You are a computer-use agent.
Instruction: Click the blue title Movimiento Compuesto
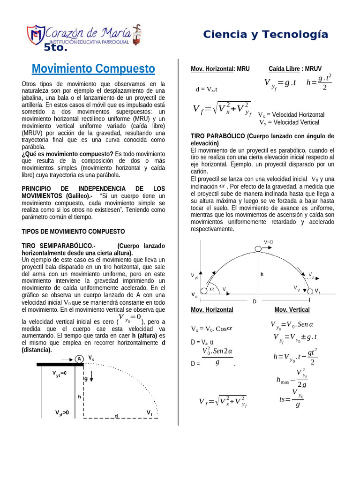click(x=93, y=69)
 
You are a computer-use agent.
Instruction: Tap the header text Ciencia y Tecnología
click(x=265, y=34)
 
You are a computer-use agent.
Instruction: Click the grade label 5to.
click(x=56, y=47)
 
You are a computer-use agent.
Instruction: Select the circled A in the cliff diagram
click(x=79, y=359)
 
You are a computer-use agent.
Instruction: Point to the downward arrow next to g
click(x=92, y=375)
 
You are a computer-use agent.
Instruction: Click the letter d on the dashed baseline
click(x=116, y=415)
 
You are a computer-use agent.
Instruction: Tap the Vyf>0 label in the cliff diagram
click(x=62, y=413)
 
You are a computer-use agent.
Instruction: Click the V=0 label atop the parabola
click(x=268, y=242)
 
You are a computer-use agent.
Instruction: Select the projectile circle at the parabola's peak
click(x=258, y=248)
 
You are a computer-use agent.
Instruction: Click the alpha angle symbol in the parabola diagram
click(x=211, y=289)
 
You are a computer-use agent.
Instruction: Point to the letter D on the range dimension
click(x=255, y=301)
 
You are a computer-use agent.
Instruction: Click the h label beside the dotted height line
click(x=262, y=274)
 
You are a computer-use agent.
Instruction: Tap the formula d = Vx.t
click(x=206, y=89)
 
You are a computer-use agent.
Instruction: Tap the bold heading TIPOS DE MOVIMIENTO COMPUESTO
click(x=74, y=232)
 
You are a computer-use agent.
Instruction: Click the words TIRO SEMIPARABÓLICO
click(x=59, y=246)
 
